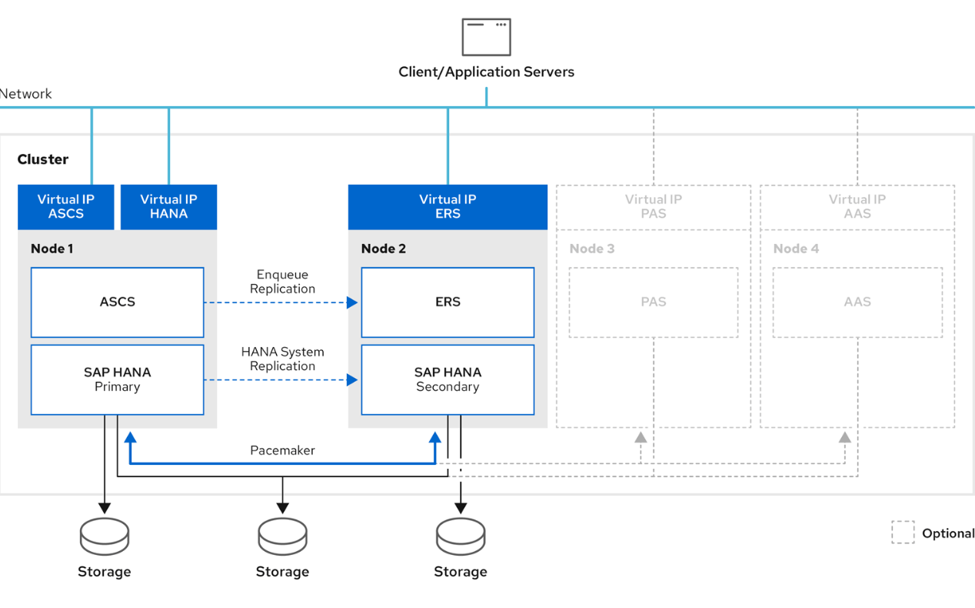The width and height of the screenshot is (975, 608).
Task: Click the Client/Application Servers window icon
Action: (x=486, y=37)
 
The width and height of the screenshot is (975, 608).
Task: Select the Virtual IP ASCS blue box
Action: (x=66, y=206)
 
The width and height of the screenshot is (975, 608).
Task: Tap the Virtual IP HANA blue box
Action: (x=168, y=206)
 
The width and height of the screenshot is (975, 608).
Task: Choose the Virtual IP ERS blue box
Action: (x=448, y=206)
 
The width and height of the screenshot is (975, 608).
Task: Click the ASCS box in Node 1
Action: (x=117, y=302)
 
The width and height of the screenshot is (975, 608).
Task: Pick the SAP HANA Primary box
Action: (x=117, y=379)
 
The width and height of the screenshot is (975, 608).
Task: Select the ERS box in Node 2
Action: (x=448, y=302)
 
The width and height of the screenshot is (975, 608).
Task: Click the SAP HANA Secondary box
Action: (x=448, y=379)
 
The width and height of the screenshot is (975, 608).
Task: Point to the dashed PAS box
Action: (x=653, y=302)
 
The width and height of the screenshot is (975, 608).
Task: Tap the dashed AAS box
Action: (x=857, y=302)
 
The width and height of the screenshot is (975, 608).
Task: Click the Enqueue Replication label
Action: (x=282, y=282)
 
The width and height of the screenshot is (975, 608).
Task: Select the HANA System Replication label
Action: (x=282, y=359)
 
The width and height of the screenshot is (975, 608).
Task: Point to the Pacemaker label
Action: (x=282, y=450)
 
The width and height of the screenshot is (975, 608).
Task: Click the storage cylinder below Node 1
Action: (x=105, y=536)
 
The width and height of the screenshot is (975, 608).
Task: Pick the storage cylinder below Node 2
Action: (x=461, y=536)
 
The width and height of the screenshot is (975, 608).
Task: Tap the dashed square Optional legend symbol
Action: (x=903, y=533)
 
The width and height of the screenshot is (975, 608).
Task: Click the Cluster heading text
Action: (x=43, y=159)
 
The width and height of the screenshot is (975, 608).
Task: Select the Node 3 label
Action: (x=592, y=249)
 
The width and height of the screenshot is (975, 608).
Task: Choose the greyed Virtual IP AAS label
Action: (x=857, y=206)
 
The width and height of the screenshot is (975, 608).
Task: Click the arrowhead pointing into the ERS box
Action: (x=352, y=302)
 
